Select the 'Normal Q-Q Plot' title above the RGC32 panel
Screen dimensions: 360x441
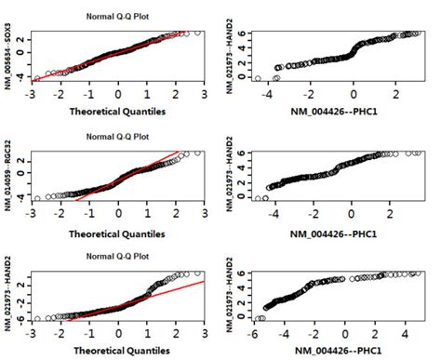pos(117,137)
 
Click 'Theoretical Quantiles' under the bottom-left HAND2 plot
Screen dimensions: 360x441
pos(117,351)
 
